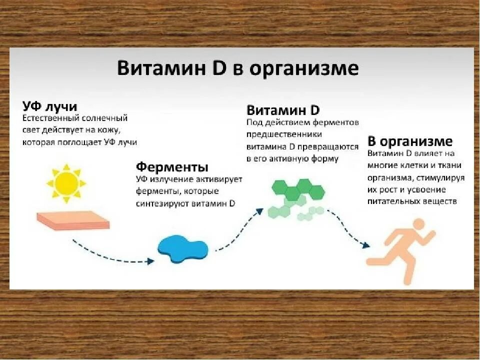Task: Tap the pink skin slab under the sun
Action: (73, 220)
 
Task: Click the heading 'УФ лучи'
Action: (49, 106)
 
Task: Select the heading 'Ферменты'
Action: (172, 166)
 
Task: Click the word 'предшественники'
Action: (284, 134)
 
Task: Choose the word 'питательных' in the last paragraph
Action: (393, 201)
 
